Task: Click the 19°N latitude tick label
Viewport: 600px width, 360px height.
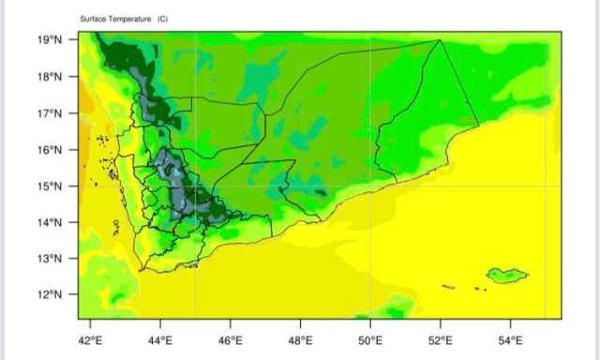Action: pos(52,40)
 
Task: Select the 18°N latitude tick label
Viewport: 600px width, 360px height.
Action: pos(52,77)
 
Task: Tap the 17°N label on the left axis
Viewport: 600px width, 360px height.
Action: pos(52,113)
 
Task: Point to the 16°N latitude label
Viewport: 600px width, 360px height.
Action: pos(52,150)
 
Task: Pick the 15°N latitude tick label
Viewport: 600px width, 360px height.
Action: pos(52,186)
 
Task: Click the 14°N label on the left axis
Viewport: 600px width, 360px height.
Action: pos(52,222)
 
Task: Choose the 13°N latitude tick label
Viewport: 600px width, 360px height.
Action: pos(52,258)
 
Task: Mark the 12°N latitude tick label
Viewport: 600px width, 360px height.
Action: pos(52,294)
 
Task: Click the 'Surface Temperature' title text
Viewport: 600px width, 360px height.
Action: pos(116,19)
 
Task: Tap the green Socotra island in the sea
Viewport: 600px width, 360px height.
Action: pos(507,275)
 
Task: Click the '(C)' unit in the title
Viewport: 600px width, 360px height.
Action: pos(162,19)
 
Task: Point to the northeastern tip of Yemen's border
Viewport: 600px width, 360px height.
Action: pos(440,40)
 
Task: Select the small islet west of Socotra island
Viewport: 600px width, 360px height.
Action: pos(449,286)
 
